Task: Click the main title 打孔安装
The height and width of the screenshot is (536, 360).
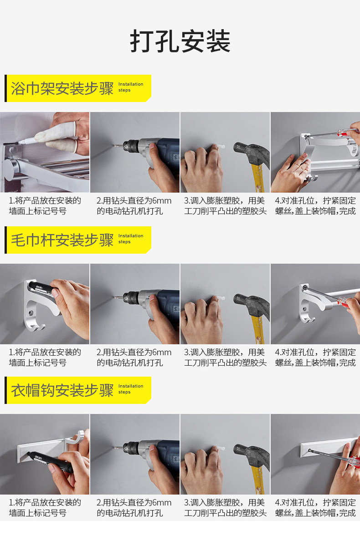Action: click(x=180, y=41)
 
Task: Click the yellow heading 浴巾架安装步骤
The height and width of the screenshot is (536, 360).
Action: click(x=62, y=88)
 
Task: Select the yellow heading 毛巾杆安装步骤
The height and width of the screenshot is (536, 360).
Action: click(x=62, y=240)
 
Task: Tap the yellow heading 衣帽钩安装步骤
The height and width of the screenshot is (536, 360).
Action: click(x=62, y=390)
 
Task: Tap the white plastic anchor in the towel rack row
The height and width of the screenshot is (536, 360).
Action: click(x=221, y=148)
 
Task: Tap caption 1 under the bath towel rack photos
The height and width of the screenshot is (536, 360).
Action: click(x=45, y=206)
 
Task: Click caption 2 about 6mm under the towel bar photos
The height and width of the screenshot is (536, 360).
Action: click(x=134, y=357)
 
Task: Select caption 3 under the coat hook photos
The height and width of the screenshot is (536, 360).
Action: click(x=225, y=508)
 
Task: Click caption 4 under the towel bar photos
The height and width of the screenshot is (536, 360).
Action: click(x=315, y=357)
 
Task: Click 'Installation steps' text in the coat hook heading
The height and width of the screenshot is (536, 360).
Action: click(x=131, y=389)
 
